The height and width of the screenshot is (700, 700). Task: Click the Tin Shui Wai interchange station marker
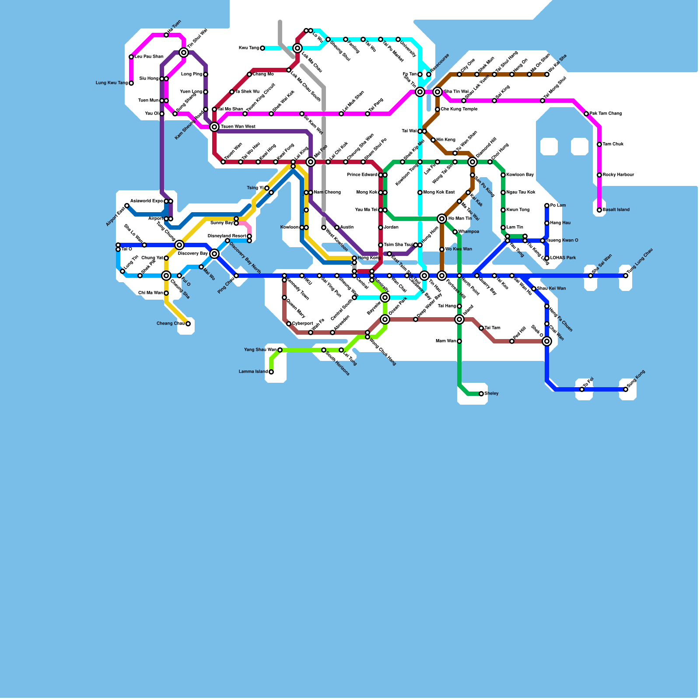click(184, 52)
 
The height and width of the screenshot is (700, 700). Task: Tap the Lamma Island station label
click(253, 372)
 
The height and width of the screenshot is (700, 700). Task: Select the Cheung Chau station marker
click(188, 324)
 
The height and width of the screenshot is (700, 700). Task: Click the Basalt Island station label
click(616, 210)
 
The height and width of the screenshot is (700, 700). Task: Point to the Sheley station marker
click(481, 394)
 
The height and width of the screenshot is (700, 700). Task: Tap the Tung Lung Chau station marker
click(626, 276)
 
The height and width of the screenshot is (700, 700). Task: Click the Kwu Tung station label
click(248, 48)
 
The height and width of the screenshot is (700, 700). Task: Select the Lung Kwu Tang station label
click(112, 83)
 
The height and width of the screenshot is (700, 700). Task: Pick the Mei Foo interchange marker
click(311, 162)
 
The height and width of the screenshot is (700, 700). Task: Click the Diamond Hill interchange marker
click(472, 162)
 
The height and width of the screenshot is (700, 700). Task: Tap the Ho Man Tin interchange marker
click(442, 219)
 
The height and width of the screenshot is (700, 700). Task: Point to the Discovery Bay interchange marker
click(214, 254)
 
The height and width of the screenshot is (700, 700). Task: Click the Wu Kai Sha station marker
click(547, 74)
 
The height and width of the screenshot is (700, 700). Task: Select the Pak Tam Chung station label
click(605, 114)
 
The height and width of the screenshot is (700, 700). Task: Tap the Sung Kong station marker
click(626, 389)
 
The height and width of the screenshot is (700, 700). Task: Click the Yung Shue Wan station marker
click(280, 350)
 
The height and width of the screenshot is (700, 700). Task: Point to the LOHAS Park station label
click(563, 258)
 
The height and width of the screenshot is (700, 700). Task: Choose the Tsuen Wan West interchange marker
click(214, 127)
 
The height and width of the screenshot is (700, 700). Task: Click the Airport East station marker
click(127, 206)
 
